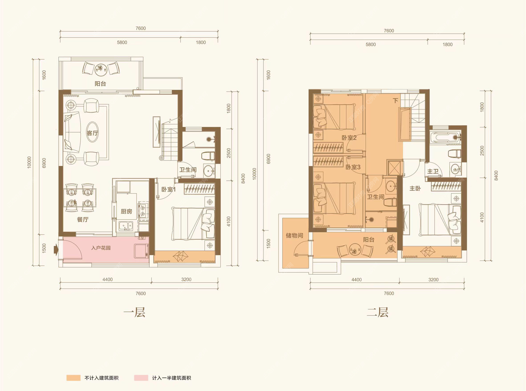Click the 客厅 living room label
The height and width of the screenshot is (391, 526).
coord(92,133)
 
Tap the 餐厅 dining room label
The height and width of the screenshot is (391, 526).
coord(82,219)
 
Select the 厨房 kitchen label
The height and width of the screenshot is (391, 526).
coord(126,211)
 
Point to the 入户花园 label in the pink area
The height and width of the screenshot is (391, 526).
coord(101,248)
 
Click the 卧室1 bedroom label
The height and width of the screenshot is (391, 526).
coord(168,189)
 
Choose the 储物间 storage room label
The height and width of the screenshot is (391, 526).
coord(294,235)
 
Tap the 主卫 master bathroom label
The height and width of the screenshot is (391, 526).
coord(433,171)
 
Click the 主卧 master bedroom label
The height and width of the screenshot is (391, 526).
coord(415,188)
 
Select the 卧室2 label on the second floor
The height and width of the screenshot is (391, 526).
coord(349,138)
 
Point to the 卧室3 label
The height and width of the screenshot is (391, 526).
coord(353,167)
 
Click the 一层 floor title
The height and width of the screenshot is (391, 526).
coord(134,312)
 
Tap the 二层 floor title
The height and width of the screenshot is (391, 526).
coord(378,312)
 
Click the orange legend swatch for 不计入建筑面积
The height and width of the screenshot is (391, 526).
coord(73,378)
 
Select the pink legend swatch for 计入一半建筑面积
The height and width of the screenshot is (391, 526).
coord(141,378)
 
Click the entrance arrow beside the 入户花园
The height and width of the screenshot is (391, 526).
coord(56,250)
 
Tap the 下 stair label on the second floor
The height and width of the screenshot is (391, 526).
coord(395,100)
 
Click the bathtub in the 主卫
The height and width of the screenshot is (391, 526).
coord(445,137)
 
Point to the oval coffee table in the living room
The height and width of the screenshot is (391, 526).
coord(92,132)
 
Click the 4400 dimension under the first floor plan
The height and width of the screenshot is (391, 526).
coord(107,280)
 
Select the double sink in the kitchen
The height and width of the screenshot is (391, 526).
coord(126,226)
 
